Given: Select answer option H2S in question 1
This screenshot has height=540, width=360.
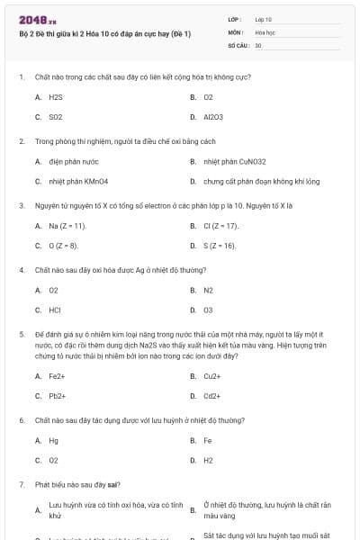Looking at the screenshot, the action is coord(55,96).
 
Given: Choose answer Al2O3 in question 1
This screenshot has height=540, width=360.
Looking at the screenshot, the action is coord(212,117).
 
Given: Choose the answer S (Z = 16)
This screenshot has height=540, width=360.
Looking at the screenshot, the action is coord(220,245).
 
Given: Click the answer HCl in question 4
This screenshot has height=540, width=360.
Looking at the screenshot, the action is coord(55,310).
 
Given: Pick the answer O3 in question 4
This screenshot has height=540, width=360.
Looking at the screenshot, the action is coord(209,310).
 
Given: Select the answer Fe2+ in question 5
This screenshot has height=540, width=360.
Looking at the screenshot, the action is coord(57,375).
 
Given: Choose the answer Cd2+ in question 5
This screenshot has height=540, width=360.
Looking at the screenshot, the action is coord(212,395).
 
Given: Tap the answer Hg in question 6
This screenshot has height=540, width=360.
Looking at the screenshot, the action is coord(53,440).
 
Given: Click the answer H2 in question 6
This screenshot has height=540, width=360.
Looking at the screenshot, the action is coord(209,460).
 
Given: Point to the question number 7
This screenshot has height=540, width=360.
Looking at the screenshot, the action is coord(21,484).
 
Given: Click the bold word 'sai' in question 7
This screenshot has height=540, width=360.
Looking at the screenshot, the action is coord(109,484).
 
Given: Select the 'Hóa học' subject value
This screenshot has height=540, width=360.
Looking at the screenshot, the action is coord(265,31).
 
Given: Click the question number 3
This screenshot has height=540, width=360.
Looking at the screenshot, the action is coord(21,205).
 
